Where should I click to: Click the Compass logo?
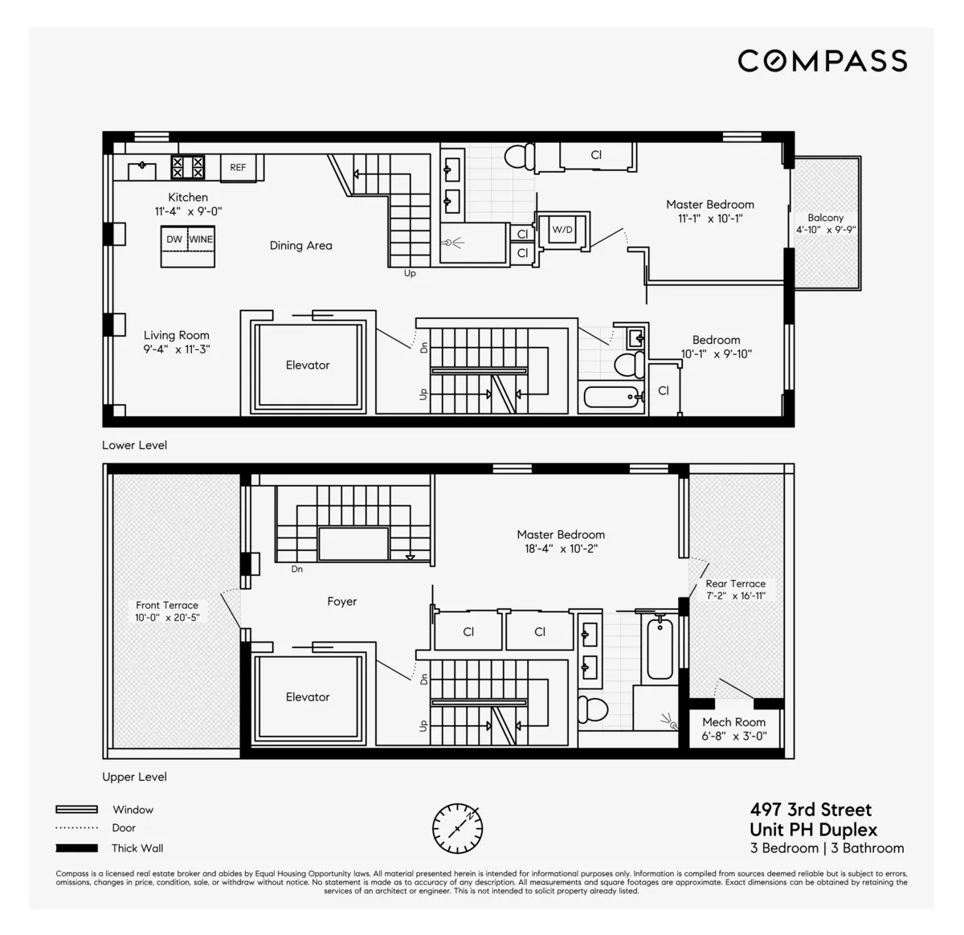pyautogui.click(x=822, y=61)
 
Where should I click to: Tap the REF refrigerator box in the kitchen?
pyautogui.click(x=238, y=167)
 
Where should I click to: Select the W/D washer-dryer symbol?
pyautogui.click(x=562, y=230)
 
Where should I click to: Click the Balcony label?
pyautogui.click(x=826, y=218)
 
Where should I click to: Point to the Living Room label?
pyautogui.click(x=177, y=336)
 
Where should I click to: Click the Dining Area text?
pyautogui.click(x=300, y=246)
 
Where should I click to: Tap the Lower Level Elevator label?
pyautogui.click(x=308, y=365)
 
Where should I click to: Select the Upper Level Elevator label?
pyautogui.click(x=308, y=697)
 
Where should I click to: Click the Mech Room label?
pyautogui.click(x=733, y=722)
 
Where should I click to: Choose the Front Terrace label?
pyautogui.click(x=167, y=605)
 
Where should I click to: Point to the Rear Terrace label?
pyautogui.click(x=735, y=584)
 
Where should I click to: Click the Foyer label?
pyautogui.click(x=341, y=602)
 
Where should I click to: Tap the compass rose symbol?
pyautogui.click(x=458, y=827)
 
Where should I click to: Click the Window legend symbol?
pyautogui.click(x=76, y=810)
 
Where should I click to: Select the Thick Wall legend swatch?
pyautogui.click(x=76, y=848)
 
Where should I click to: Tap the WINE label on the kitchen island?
pyautogui.click(x=201, y=239)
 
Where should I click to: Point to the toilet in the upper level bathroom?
pyautogui.click(x=594, y=709)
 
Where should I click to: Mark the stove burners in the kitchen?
pyautogui.click(x=187, y=167)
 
